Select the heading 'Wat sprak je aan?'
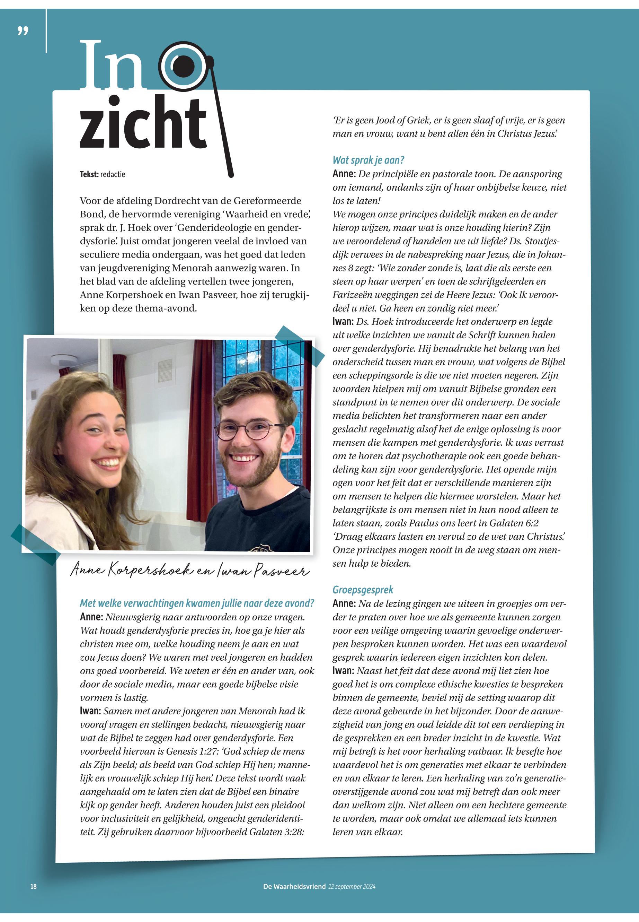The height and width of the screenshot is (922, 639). (369, 160)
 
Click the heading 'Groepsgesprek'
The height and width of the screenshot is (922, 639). (363, 590)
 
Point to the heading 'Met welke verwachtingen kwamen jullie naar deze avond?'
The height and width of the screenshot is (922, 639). (197, 603)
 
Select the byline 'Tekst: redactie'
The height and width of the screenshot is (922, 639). (103, 174)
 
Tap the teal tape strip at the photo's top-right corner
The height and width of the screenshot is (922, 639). (300, 346)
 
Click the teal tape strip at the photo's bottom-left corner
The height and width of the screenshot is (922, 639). (35, 544)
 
